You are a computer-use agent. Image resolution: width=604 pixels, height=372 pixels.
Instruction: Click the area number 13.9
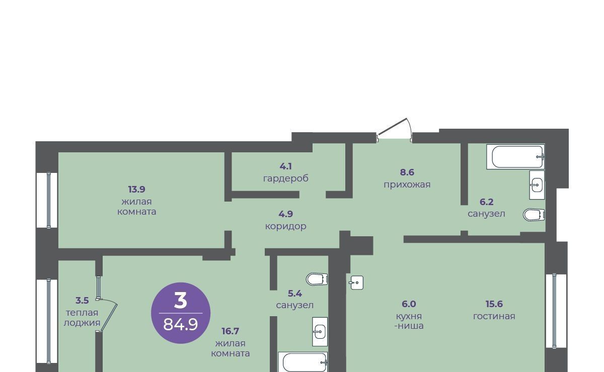coord(137,190)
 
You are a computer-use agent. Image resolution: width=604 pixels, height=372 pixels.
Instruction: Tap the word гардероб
coord(286,178)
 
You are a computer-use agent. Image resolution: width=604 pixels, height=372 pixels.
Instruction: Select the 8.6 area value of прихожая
coord(407,172)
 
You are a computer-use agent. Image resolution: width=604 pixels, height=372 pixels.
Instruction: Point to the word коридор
coord(286,227)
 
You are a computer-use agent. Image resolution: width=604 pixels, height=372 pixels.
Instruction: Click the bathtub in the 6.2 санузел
coord(515,157)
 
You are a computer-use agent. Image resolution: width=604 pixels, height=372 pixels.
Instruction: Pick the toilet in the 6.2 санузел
coord(534,215)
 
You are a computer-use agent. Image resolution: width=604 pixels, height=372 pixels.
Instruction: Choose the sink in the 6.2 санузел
coord(537,185)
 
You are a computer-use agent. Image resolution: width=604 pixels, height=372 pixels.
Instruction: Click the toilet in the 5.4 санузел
coord(317,279)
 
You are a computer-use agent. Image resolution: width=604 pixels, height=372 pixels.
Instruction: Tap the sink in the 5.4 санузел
coord(320,332)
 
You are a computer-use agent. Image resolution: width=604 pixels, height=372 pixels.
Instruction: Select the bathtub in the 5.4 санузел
coord(303,362)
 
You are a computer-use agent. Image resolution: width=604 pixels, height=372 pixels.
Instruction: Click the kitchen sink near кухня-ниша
coord(356,283)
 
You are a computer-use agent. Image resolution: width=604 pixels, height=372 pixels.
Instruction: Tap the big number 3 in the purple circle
coord(181,301)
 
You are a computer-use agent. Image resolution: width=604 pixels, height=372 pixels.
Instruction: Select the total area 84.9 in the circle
coord(181,324)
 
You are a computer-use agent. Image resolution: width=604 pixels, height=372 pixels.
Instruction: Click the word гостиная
coord(494,316)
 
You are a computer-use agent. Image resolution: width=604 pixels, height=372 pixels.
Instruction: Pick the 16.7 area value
coord(231,331)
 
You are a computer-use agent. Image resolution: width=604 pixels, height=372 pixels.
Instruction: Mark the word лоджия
coord(82,323)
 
